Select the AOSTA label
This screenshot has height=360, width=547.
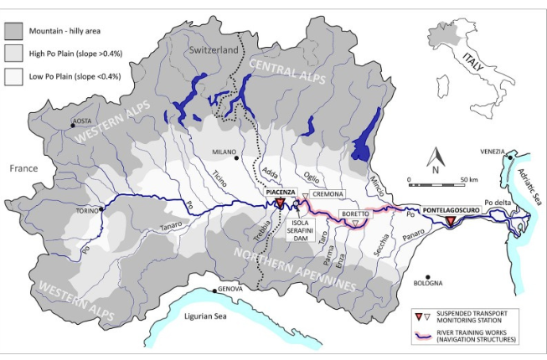[81, 121]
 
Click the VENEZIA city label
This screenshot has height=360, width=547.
[493, 152]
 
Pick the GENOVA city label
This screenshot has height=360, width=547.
[230, 289]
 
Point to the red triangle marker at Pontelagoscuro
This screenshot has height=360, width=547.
[450, 221]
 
